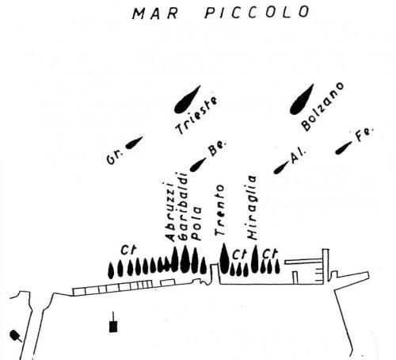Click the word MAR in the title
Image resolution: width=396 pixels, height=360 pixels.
[154, 13]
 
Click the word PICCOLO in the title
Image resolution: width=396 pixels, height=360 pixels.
[257, 12]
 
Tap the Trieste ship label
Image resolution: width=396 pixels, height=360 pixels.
[196, 116]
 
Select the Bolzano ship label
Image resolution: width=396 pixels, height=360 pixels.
[322, 106]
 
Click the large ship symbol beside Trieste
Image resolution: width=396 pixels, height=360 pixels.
[187, 100]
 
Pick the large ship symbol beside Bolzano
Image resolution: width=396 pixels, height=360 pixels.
[302, 100]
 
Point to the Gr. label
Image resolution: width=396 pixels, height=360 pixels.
[115, 159]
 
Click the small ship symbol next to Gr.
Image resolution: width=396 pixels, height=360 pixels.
[134, 143]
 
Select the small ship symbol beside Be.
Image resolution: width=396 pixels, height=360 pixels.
[198, 164]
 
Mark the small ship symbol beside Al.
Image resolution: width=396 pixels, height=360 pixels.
[281, 167]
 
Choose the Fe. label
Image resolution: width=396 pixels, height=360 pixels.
[364, 136]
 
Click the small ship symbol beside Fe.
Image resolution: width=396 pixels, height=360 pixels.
[344, 148]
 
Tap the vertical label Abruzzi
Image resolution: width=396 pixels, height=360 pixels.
[169, 212]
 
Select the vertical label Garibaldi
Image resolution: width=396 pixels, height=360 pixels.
[183, 206]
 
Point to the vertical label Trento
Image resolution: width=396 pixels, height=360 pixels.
[219, 210]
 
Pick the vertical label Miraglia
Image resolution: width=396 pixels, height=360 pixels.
[252, 208]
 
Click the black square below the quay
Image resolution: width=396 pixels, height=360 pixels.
[113, 327]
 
